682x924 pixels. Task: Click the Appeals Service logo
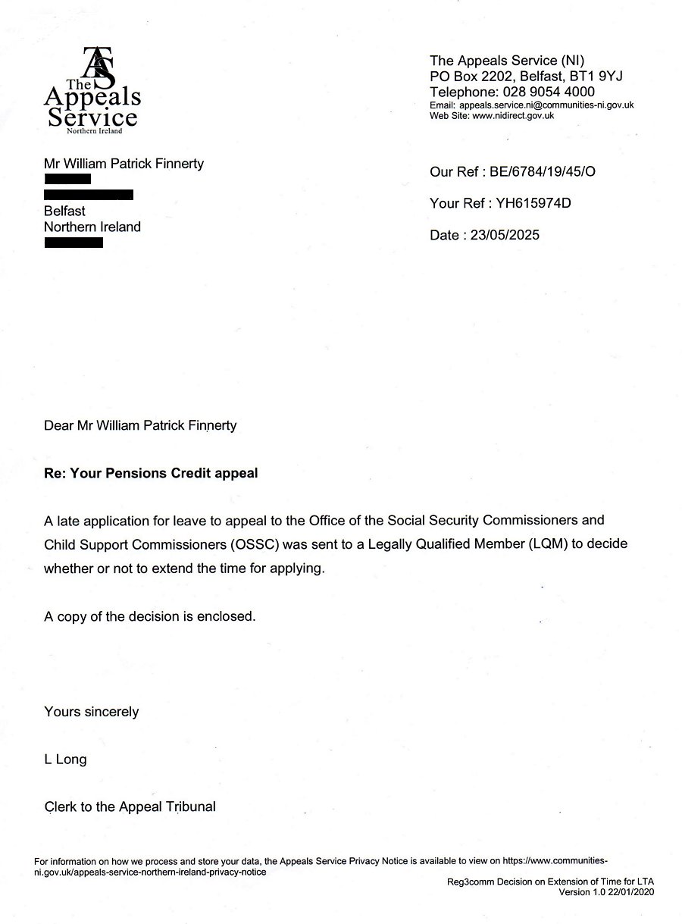tap(92, 90)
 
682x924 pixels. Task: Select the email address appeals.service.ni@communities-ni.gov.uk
tap(546, 105)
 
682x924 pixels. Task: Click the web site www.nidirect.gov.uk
tap(513, 116)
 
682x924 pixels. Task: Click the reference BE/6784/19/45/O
tap(543, 171)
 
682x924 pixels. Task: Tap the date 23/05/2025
tap(505, 235)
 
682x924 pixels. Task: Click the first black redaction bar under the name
tap(67, 179)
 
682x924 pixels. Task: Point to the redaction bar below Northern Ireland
tap(74, 243)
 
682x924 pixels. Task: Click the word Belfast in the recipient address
tap(64, 211)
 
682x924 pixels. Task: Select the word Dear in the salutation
tap(58, 425)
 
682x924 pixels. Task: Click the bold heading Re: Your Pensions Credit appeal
tap(151, 473)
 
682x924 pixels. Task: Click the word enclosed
tap(227, 616)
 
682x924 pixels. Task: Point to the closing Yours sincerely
tap(91, 712)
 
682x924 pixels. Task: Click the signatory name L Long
tap(65, 759)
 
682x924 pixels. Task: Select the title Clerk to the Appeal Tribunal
tap(130, 807)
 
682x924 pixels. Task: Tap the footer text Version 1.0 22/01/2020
tap(605, 892)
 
